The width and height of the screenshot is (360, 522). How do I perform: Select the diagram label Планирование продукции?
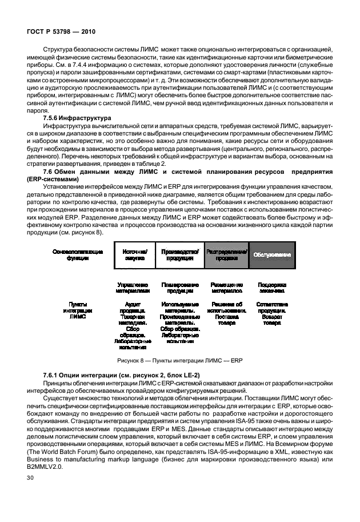click(180, 288)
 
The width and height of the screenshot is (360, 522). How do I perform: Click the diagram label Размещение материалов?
click(227, 288)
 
